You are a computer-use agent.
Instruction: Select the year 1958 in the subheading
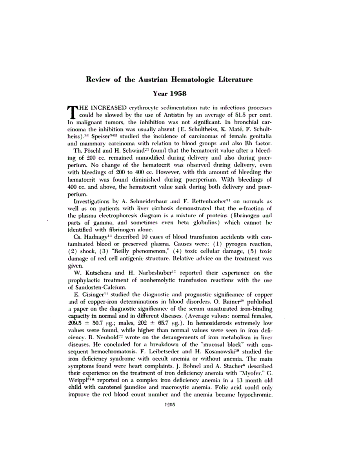point(170,94)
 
